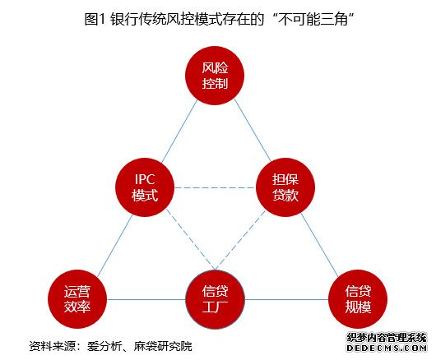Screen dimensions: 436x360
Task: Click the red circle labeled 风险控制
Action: [x=215, y=76]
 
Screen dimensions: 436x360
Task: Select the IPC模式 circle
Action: [x=145, y=187]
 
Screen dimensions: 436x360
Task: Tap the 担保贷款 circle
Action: [x=285, y=187]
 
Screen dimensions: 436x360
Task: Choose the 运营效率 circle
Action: [x=77, y=299]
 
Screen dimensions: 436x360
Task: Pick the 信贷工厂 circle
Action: [x=215, y=299]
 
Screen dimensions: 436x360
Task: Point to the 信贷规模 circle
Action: [x=358, y=299]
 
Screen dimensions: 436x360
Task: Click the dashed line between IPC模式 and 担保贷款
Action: [x=216, y=187]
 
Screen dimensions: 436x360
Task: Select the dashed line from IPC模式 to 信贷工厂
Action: [x=191, y=239]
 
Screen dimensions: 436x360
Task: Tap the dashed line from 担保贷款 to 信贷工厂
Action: [x=240, y=240]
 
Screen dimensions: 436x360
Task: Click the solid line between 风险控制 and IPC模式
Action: [x=179, y=132]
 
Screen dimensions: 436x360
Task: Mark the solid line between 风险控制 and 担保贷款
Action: [x=253, y=130]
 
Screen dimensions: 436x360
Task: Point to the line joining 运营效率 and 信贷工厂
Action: [x=146, y=299]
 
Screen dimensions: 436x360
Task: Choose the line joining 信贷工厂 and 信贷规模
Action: [x=286, y=299]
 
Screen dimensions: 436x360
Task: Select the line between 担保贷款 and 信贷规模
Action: [x=319, y=245]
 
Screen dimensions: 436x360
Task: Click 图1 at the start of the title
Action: [x=95, y=20]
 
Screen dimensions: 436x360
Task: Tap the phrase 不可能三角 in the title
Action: [x=313, y=20]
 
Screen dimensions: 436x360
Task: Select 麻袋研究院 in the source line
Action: [x=163, y=346]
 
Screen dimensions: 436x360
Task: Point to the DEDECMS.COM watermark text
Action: [x=387, y=348]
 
